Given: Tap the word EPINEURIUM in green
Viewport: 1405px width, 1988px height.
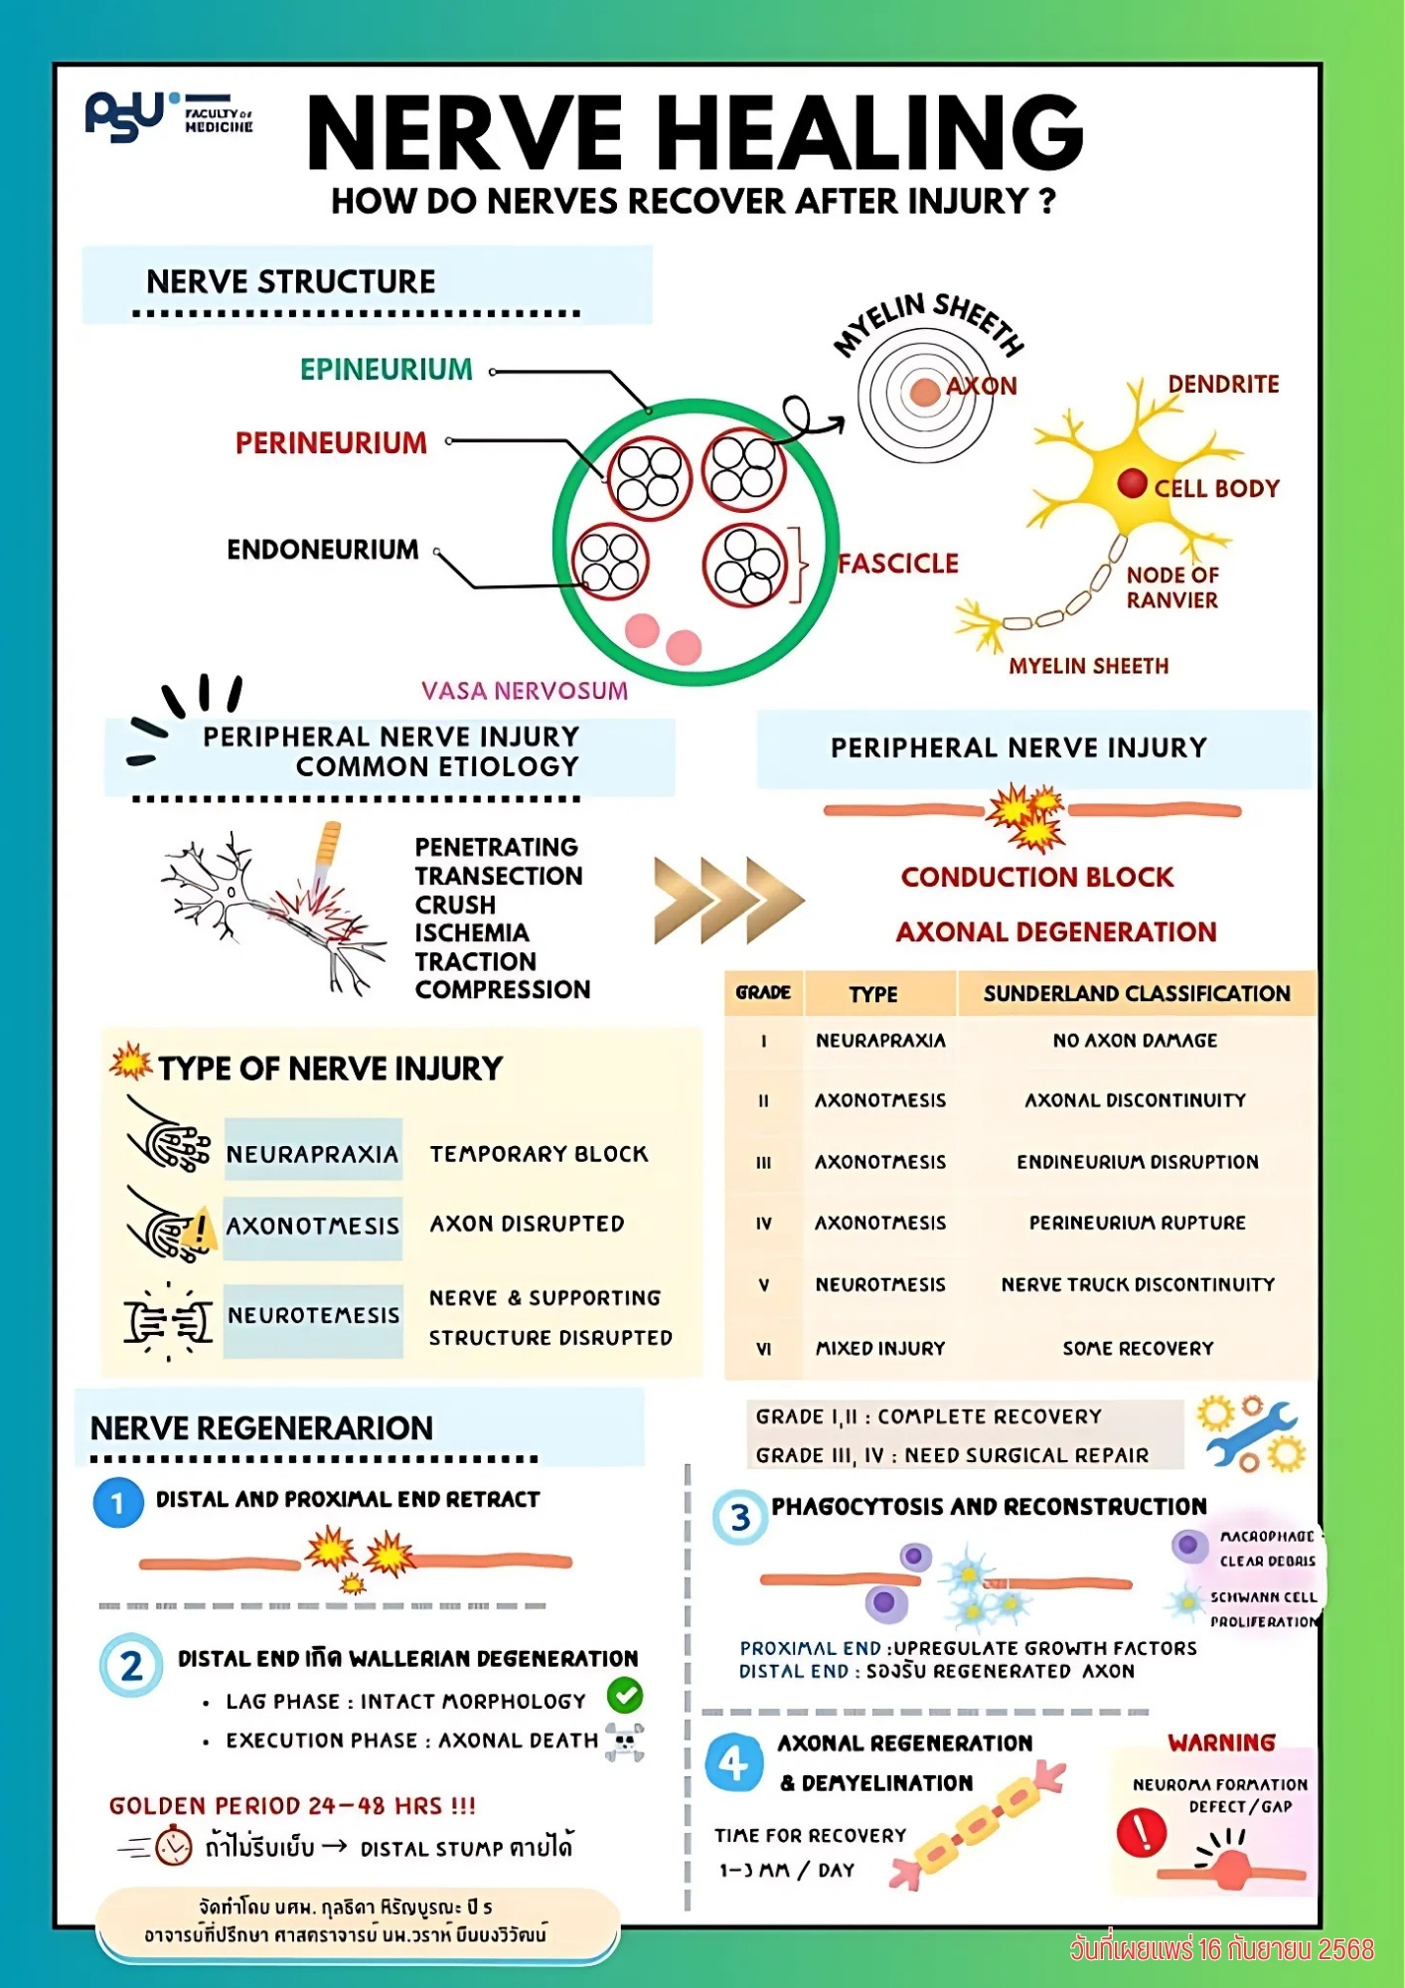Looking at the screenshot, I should click(387, 370).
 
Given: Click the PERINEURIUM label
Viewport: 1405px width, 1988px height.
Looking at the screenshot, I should click(331, 443).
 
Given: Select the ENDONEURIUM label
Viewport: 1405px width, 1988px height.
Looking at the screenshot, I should click(323, 550).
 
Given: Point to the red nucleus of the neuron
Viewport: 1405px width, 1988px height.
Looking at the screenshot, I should click(1132, 483).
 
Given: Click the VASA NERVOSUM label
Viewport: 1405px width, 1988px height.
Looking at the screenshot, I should click(524, 691).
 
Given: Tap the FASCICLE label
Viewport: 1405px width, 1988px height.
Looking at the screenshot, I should click(898, 564).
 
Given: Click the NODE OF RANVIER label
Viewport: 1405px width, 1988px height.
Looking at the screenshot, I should click(1172, 587).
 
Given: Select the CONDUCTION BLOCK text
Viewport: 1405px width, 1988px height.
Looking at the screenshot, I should click(1036, 877).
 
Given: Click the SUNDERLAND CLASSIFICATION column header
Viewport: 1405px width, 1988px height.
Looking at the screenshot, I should click(1137, 993).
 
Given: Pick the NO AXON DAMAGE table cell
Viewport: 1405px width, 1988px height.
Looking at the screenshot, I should click(1135, 1041).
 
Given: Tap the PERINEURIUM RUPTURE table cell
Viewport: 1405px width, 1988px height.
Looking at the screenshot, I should click(1137, 1223).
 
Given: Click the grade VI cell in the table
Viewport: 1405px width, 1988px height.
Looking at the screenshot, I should click(763, 1349).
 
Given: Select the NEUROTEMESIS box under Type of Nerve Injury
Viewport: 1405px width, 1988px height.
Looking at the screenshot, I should click(313, 1316).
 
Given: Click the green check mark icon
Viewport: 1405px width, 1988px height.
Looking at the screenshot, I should click(625, 1695).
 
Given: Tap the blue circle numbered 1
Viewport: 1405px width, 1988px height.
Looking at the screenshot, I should click(118, 1503).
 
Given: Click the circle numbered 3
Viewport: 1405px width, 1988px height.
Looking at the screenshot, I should click(740, 1518).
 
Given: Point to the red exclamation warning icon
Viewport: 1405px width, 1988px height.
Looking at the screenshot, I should click(1141, 1831).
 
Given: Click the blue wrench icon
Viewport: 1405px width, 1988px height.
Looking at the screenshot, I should click(1250, 1434).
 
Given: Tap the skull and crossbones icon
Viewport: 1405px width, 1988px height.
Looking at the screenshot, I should click(624, 1742).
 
